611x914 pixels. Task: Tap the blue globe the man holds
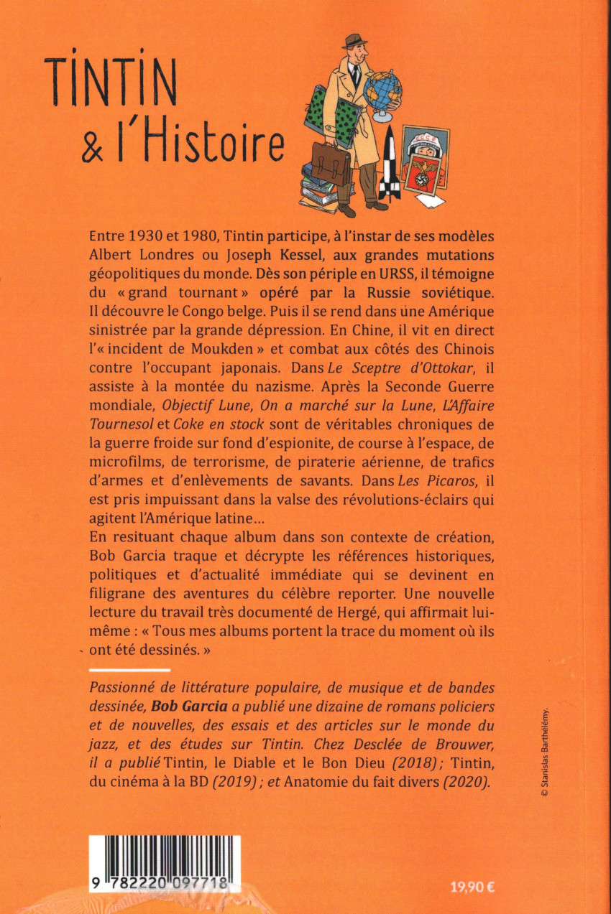point(382,93)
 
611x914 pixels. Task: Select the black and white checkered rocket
point(390,164)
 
